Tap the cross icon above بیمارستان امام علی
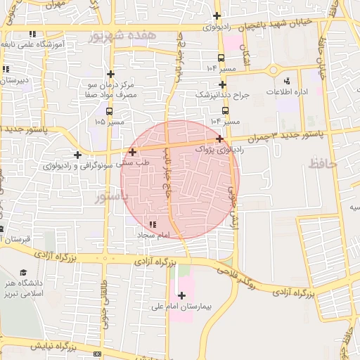point(182,295)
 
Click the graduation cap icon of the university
point(22,272)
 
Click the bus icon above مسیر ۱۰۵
point(108,111)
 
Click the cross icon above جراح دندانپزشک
point(221,84)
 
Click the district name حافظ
point(323,164)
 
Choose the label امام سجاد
point(150,235)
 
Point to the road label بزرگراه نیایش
point(48,347)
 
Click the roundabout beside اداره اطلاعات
point(274,69)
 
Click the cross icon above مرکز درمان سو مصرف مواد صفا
point(110,73)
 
